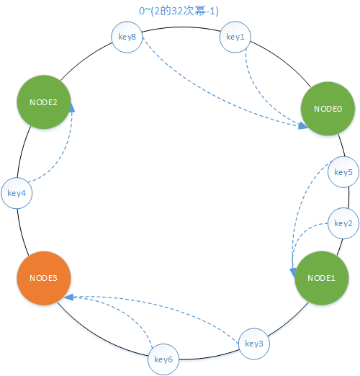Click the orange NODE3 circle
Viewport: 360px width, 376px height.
point(44,278)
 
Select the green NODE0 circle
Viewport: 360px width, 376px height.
point(328,109)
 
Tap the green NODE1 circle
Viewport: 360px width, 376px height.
point(321,278)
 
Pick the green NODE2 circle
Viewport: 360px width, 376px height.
point(44,102)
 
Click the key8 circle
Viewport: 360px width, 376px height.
point(127,37)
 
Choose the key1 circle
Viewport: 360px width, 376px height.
point(235,37)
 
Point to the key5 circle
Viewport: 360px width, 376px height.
point(343,172)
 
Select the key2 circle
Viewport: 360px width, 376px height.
point(343,223)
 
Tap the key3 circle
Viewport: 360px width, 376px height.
point(254,344)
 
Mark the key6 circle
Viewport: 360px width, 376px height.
point(163,359)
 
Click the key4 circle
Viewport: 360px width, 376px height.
point(17,193)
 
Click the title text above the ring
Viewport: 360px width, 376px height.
point(179,11)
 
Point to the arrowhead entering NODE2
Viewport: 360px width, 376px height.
point(71,108)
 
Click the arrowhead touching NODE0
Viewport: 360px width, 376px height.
point(303,125)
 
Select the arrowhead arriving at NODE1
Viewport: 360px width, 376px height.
point(293,273)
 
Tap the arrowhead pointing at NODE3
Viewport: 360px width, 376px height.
point(69,297)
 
